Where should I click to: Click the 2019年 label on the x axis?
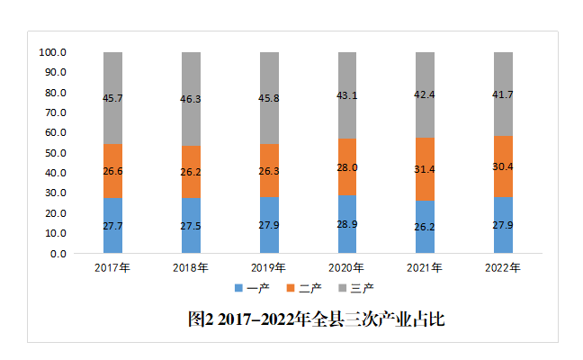[269, 267]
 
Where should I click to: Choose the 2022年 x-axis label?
[504, 267]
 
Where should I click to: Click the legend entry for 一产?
[253, 288]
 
